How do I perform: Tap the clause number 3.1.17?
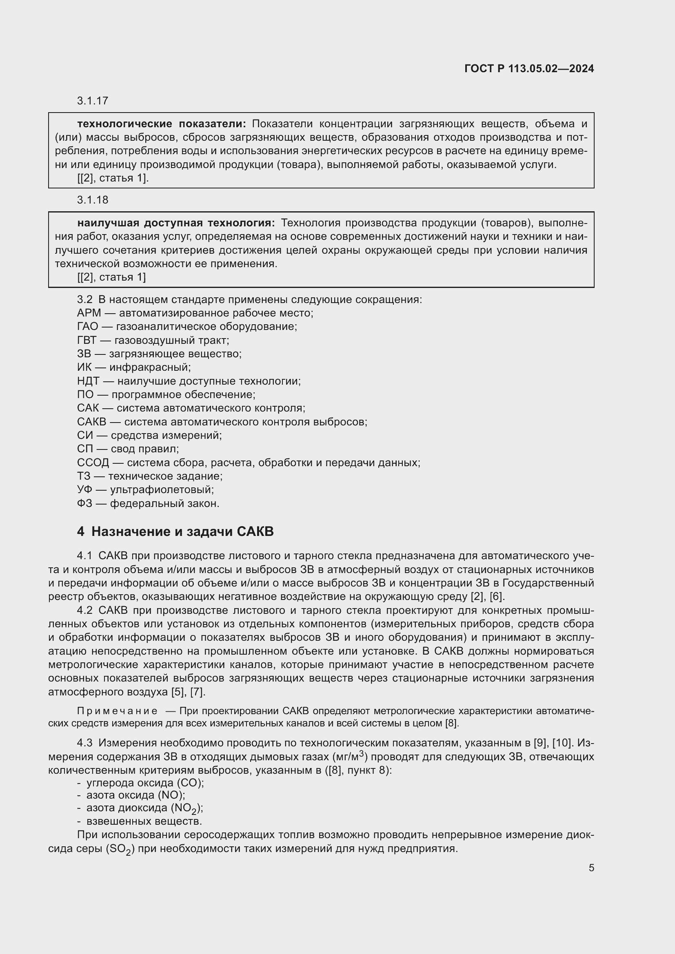(x=92, y=101)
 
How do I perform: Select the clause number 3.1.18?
(x=92, y=200)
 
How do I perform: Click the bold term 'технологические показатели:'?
(x=162, y=124)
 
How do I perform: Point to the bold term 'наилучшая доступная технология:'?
(x=176, y=223)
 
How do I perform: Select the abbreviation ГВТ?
(x=87, y=340)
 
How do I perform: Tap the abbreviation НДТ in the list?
(x=87, y=381)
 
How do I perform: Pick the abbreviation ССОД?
(x=93, y=463)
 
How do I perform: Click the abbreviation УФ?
(x=85, y=489)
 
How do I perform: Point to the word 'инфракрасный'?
(x=149, y=367)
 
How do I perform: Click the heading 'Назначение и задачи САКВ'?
(x=182, y=531)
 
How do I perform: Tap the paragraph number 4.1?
(x=85, y=556)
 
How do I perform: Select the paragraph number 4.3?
(x=85, y=742)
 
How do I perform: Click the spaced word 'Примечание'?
(x=117, y=711)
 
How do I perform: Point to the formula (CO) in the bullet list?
(x=190, y=783)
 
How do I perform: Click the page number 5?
(x=591, y=868)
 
